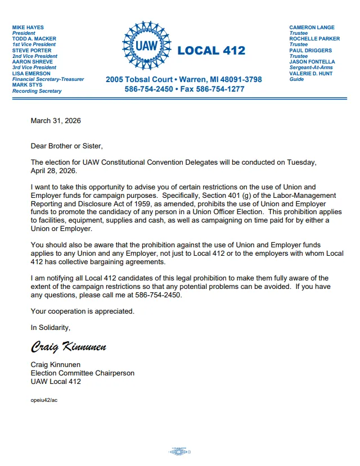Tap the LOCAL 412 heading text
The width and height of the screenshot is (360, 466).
point(211,51)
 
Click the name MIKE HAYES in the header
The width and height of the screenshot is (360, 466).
point(28,28)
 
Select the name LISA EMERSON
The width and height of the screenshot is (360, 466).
point(31,74)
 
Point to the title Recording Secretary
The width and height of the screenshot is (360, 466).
point(37,91)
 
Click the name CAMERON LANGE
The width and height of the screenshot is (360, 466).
point(312,28)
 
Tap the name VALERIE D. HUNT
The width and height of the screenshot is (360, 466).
point(310,74)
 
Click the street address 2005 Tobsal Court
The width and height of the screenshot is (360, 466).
point(139,80)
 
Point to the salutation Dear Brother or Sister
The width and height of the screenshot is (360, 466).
point(67,147)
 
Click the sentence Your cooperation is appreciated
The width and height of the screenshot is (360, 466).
point(83,311)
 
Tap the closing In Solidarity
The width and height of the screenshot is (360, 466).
point(51,327)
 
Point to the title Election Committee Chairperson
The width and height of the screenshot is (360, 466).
point(83,373)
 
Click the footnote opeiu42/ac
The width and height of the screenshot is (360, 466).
point(44,400)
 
